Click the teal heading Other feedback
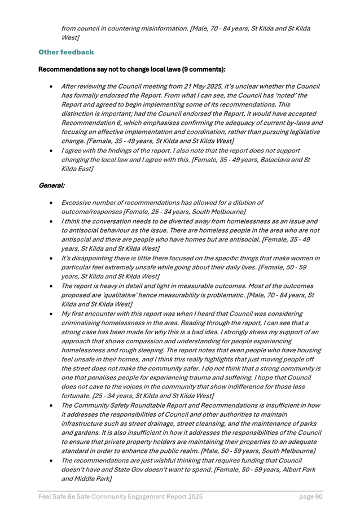pyautogui.click(x=65, y=52)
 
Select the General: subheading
pyautogui.click(x=51, y=185)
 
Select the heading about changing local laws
pyautogui.click(x=131, y=69)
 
